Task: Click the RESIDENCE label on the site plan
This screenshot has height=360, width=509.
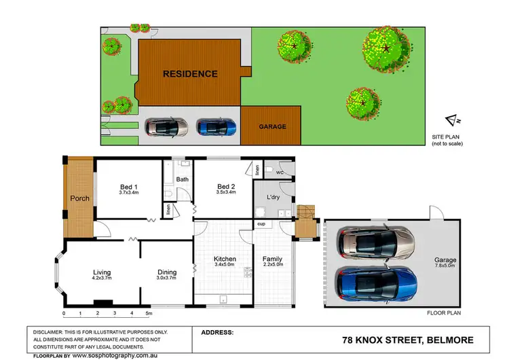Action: pos(189,74)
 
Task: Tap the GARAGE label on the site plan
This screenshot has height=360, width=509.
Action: pos(271,126)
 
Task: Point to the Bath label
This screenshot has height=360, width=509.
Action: pos(183,179)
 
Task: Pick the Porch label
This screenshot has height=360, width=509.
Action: pos(79,199)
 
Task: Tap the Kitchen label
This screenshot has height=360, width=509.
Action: pos(224,259)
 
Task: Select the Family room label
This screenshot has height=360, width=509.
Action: pos(272,259)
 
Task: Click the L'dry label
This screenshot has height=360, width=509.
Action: pos(274,197)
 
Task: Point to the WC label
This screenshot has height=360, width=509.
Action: pos(280,172)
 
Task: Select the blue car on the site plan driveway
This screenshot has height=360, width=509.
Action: pos(216,126)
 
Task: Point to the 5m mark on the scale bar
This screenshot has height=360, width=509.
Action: pos(149,314)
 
